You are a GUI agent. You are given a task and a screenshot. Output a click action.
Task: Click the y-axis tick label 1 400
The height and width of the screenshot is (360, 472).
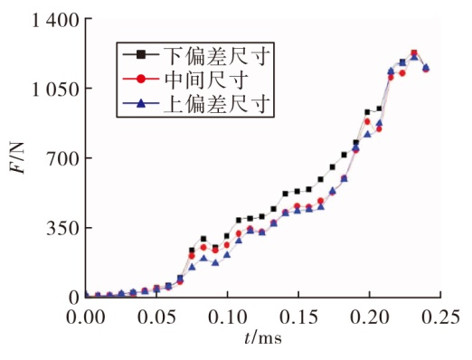pos(55,21)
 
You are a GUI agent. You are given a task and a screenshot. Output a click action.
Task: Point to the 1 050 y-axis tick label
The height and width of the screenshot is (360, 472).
pos(55,89)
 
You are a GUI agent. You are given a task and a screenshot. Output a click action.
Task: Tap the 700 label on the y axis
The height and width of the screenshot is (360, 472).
pos(63,158)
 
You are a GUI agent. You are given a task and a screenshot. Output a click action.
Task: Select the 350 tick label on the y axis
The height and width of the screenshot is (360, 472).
pos(63,228)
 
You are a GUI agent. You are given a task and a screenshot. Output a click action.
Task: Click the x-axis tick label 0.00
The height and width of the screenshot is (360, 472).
pos(86,317)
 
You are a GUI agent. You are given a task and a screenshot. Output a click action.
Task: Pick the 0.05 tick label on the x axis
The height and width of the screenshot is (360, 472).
pos(156,317)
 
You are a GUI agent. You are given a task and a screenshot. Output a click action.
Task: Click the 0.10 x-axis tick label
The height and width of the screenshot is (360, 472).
pos(228,317)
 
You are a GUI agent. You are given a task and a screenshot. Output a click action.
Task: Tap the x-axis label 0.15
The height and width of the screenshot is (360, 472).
pos(298,317)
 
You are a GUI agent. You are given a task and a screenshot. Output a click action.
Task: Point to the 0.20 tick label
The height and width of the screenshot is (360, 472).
pos(370,317)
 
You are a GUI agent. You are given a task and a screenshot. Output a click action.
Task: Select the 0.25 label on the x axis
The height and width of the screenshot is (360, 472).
pos(440,317)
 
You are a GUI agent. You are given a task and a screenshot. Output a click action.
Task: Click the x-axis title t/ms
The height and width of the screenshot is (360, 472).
pos(263,337)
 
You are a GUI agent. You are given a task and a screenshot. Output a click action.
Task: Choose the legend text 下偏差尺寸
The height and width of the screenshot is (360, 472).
pos(216,55)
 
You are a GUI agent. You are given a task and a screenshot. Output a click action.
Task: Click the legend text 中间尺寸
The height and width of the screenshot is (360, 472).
pos(206,80)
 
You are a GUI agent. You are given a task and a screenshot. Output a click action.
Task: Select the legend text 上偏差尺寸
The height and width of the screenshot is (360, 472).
pos(216,104)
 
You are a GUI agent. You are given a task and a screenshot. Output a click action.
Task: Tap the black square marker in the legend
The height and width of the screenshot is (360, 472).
pos(141,54)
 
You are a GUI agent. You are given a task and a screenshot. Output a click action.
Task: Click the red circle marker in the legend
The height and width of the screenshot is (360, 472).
pos(141,80)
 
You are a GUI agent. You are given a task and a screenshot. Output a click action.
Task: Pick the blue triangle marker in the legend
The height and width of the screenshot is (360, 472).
pos(141,104)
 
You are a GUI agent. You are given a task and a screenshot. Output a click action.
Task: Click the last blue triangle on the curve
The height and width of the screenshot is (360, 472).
pos(426,67)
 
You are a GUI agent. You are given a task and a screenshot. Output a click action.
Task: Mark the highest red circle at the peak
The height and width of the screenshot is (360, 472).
pos(414,53)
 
